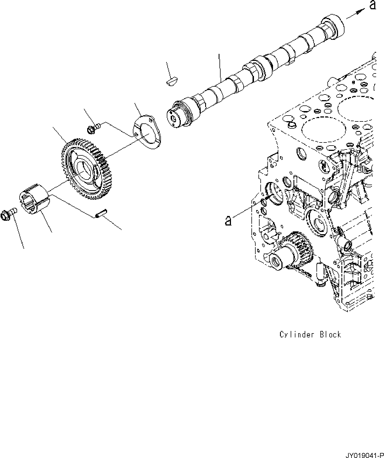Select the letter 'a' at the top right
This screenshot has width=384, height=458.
coord(372,5)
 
